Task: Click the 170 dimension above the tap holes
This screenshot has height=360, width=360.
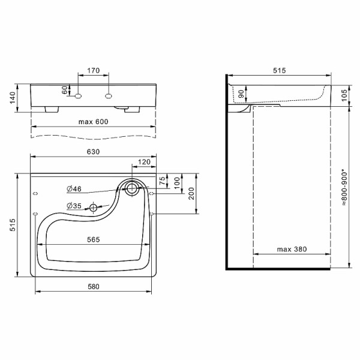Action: (93, 70)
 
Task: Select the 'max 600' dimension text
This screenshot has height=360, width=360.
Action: (93, 122)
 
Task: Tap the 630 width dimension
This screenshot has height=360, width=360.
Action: (93, 152)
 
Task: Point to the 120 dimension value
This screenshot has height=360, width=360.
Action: (144, 162)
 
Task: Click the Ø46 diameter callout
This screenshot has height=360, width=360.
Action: (74, 189)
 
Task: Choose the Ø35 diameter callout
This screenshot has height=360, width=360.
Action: (74, 206)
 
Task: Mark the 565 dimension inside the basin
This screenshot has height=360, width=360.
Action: (94, 239)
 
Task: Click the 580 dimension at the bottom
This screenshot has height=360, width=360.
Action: (94, 287)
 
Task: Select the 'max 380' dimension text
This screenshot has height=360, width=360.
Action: (292, 249)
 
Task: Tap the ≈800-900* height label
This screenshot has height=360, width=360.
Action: (344, 187)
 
